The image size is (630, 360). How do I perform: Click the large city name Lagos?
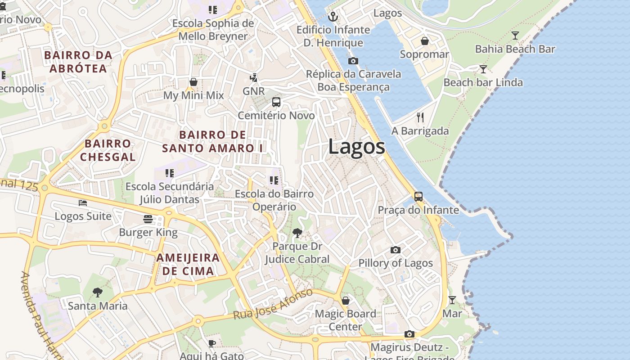[x=356, y=147]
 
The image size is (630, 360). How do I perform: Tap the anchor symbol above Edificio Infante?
[x=333, y=17]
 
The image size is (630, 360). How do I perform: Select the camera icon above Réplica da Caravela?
[x=353, y=61]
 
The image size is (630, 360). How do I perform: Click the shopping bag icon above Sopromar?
[x=424, y=41]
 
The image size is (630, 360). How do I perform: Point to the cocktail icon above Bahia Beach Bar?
[x=515, y=36]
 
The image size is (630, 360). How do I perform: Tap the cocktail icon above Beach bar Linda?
[x=483, y=69]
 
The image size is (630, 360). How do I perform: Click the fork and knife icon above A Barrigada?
[x=420, y=117]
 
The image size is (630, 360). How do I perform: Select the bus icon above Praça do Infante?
[x=418, y=197]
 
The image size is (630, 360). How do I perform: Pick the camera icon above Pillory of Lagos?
[x=396, y=250]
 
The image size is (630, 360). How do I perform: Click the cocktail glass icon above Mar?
[x=452, y=300]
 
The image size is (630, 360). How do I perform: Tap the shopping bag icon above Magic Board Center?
[x=346, y=300]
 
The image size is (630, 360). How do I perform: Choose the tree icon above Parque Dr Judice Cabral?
[x=297, y=233]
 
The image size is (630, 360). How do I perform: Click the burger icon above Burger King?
[x=148, y=219]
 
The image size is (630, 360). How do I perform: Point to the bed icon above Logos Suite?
[x=83, y=203]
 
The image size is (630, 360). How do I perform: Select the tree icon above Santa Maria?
[x=97, y=292]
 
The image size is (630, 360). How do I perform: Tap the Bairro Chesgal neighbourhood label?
[x=108, y=150]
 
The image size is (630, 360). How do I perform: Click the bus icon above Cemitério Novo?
[x=276, y=102]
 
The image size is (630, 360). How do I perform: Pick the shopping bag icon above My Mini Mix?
[x=193, y=82]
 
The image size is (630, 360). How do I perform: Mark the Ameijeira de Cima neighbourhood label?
[x=188, y=265]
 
